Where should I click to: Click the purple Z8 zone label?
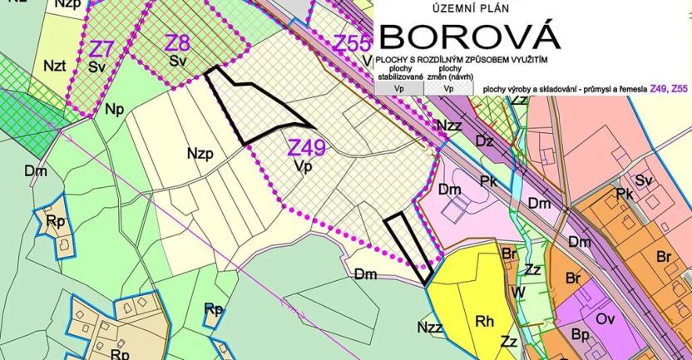click(176, 42)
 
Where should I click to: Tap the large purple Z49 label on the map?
click(306, 148)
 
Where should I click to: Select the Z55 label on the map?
click(352, 43)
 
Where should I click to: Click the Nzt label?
click(55, 65)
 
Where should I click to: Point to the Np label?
click(114, 109)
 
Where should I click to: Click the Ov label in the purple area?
click(605, 318)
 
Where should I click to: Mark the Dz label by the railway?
click(485, 141)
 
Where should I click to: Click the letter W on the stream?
click(517, 292)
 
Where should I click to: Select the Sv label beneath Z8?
click(176, 61)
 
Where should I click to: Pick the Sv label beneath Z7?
click(96, 67)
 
